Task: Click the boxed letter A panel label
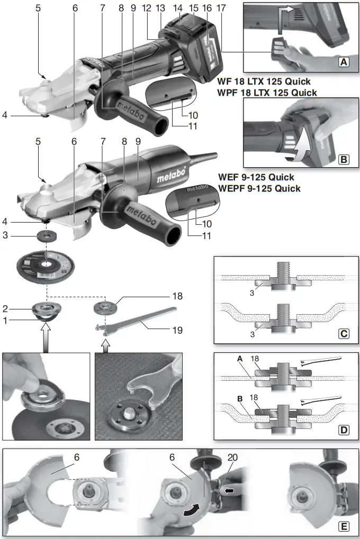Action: [344, 62]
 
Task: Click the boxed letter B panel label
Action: [344, 158]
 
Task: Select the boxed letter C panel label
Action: [344, 334]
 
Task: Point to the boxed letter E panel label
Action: [344, 527]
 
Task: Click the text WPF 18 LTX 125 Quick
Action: [267, 93]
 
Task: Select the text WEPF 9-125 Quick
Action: [259, 188]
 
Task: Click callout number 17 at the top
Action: [221, 8]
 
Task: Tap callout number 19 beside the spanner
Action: [177, 330]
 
